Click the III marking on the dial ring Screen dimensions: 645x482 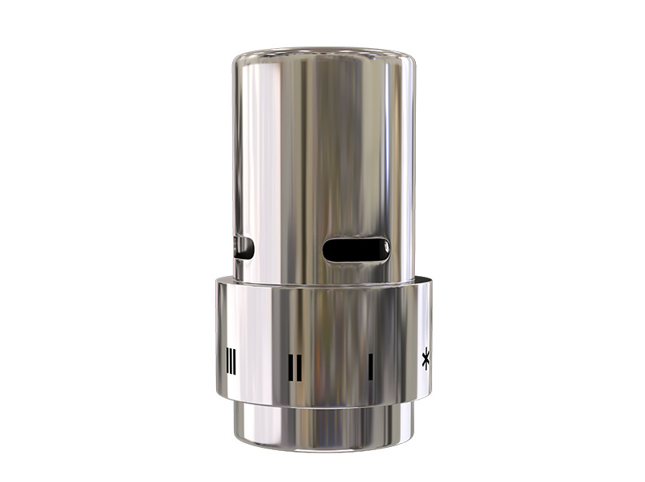tap(231, 361)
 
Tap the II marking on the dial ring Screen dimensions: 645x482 tap(295, 368)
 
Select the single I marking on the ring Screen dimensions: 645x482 tap(371, 366)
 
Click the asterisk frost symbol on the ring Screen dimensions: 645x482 tap(426, 358)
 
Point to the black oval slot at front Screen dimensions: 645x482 tap(356, 250)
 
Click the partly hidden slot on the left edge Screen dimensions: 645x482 tap(243, 248)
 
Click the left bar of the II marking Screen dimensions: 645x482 tap(291, 368)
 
